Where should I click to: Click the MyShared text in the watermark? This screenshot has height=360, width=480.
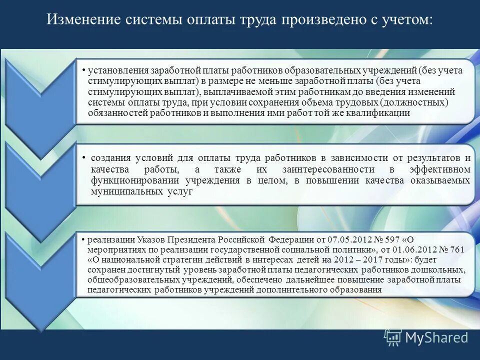click(x=436, y=337)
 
